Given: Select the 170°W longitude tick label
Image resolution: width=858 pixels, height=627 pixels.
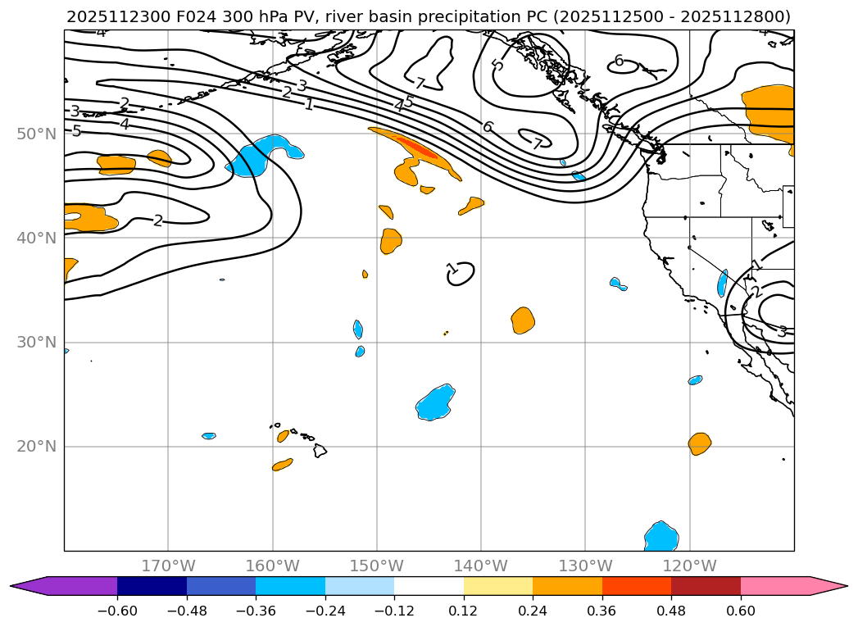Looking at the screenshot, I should tap(168, 566).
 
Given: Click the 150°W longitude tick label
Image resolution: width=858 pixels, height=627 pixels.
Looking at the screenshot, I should tap(377, 566).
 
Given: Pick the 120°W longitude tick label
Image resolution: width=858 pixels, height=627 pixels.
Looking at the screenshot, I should tap(689, 566).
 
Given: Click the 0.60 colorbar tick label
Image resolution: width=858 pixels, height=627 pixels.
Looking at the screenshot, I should tap(741, 611).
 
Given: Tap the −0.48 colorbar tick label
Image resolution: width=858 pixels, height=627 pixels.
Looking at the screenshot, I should tap(187, 611).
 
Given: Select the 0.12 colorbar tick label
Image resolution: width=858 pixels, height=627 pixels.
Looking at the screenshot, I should tap(464, 611).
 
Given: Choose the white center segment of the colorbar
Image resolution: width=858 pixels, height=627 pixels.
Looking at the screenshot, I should tap(429, 586).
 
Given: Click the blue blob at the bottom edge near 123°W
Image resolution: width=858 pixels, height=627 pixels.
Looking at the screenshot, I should tap(661, 537).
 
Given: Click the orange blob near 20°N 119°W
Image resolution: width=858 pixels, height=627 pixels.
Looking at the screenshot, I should tap(699, 443).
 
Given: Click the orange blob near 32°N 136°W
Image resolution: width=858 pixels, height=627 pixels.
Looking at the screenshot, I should tap(523, 320).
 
